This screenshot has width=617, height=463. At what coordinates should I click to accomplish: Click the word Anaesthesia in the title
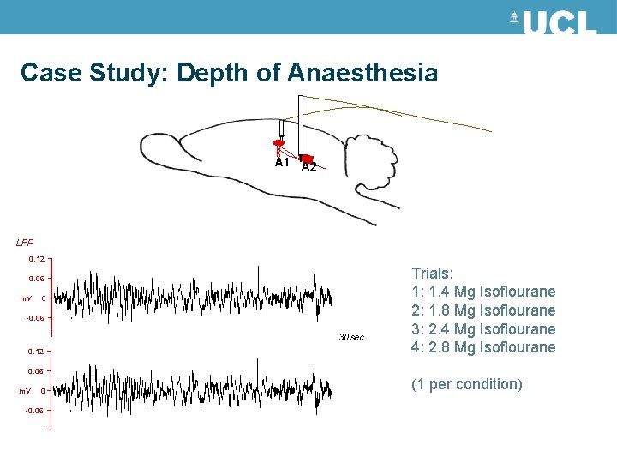click(x=363, y=73)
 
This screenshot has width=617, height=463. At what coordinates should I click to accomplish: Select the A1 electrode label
click(x=282, y=162)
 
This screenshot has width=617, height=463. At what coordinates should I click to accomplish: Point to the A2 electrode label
click(x=309, y=167)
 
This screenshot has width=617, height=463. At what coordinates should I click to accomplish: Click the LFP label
click(x=25, y=243)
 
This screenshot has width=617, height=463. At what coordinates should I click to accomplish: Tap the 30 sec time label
click(x=351, y=337)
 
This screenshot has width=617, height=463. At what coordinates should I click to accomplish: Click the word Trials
click(x=433, y=274)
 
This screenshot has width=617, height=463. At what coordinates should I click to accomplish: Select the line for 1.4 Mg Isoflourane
click(x=483, y=292)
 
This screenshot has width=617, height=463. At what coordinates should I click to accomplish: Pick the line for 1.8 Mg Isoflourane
click(x=483, y=310)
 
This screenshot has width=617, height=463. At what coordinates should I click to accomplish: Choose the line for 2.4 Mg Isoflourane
click(x=483, y=329)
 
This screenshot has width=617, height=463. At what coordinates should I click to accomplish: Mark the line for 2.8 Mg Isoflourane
click(x=483, y=347)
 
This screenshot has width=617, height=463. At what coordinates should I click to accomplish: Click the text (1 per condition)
click(x=467, y=384)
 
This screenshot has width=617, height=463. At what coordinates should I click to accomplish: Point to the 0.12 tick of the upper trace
click(x=37, y=258)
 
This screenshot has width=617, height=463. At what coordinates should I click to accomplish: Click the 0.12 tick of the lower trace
click(x=37, y=352)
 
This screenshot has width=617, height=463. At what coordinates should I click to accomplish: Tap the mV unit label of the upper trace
click(x=26, y=298)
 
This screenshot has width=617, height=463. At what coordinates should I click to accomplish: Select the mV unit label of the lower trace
click(x=26, y=391)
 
